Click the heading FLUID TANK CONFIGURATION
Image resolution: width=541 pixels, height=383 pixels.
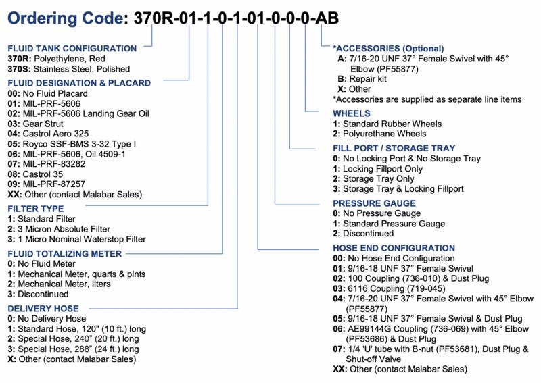[x=72, y=48]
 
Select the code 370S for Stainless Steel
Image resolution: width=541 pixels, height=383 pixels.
[x=20, y=69]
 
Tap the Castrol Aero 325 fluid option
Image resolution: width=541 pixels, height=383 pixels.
[x=48, y=134]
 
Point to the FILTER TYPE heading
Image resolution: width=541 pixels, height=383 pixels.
[x=36, y=209]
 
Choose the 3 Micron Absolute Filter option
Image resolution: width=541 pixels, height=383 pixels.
[x=59, y=229]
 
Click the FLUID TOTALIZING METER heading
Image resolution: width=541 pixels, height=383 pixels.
[x=64, y=254]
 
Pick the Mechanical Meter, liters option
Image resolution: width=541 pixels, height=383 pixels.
[x=59, y=284]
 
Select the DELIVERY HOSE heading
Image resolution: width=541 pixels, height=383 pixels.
[x=43, y=309]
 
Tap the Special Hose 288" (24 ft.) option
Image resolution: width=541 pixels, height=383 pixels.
[x=73, y=349]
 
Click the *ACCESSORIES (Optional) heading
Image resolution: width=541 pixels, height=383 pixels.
[x=388, y=49]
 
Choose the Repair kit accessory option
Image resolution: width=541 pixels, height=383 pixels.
[x=362, y=79]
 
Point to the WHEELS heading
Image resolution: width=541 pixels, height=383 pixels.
[x=351, y=113]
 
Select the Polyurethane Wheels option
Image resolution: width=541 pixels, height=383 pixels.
[x=379, y=134]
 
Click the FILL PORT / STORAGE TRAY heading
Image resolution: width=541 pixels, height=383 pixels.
[x=394, y=148]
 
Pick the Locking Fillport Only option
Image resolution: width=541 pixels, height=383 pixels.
[x=378, y=169]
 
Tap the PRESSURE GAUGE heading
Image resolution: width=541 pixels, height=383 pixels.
[x=375, y=203]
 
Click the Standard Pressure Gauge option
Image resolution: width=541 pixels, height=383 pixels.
[x=389, y=224]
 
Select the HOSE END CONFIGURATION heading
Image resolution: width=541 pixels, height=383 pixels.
[x=394, y=248]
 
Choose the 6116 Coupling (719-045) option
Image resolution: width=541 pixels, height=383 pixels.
[x=390, y=288]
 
